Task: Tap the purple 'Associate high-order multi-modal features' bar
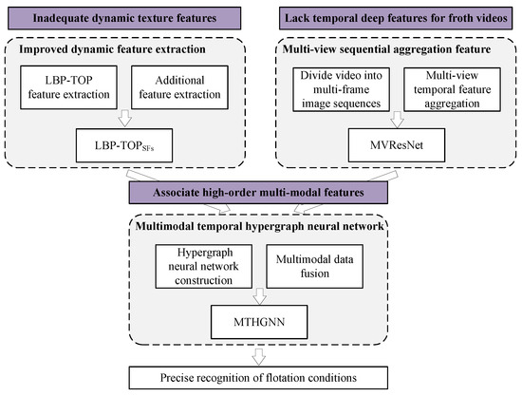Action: pos(260,193)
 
